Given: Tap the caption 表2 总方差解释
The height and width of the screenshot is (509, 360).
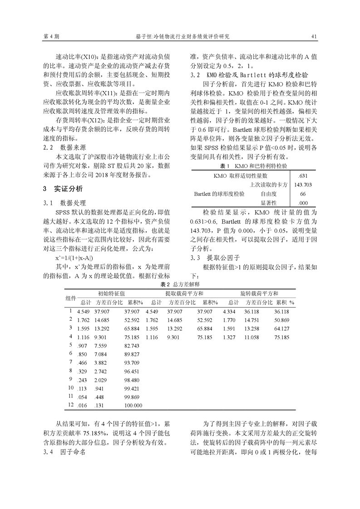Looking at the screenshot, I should click(180, 284).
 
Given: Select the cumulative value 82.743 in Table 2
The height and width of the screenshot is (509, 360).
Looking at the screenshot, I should click(133, 346).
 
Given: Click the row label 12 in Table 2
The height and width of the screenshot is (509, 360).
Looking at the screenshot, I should click(70, 405).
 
